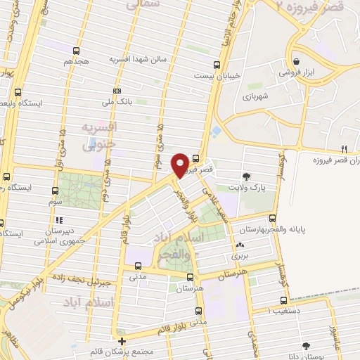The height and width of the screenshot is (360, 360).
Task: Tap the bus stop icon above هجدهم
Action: pos(76,50)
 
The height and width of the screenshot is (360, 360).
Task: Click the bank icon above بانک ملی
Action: pos(116,91)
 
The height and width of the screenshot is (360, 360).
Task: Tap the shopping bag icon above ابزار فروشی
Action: pos(298,61)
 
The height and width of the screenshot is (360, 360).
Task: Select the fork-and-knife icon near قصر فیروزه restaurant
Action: pos(344,148)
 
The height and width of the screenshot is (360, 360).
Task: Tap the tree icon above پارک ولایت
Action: pos(246,176)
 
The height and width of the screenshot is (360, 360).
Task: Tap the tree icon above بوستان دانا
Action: pos(305,345)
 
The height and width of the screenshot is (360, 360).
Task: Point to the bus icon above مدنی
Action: pos(138,266)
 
